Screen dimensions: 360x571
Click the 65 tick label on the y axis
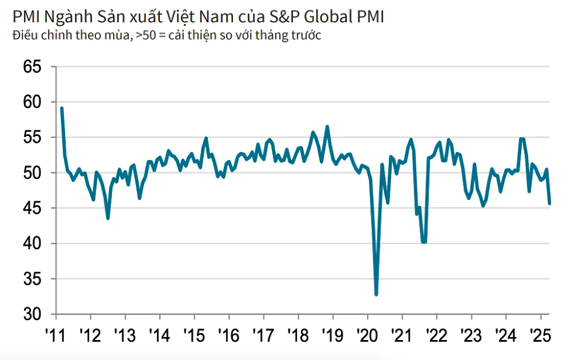(32, 67)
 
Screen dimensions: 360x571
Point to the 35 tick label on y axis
(32, 279)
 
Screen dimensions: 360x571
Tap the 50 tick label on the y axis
(32, 173)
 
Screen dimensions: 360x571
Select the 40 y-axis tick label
(32, 243)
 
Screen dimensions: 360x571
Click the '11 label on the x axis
(55, 334)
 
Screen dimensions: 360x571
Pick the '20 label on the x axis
(367, 334)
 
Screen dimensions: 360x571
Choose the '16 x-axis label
(228, 334)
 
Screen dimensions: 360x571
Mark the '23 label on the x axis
(471, 334)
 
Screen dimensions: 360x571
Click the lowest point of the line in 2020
(376, 294)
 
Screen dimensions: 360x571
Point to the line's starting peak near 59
(62, 108)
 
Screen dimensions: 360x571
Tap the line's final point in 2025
(549, 203)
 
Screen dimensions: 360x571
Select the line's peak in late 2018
(327, 126)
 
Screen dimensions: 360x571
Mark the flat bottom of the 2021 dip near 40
(424, 242)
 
